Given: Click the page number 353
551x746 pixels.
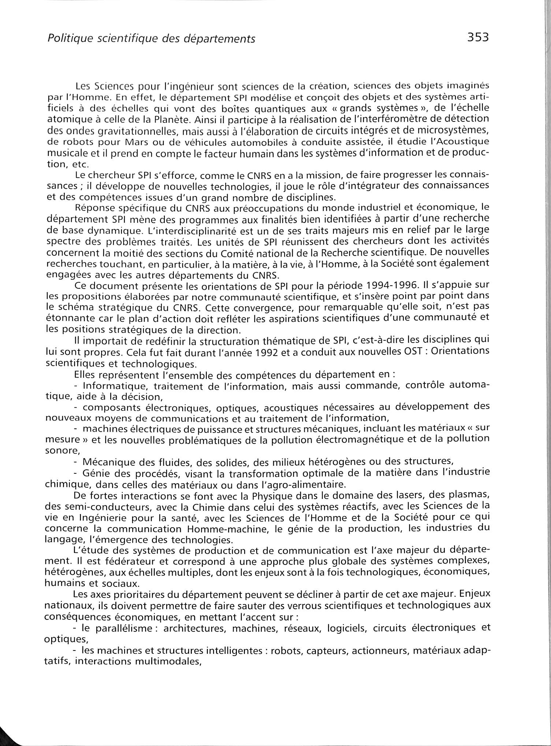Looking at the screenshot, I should [478, 37].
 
